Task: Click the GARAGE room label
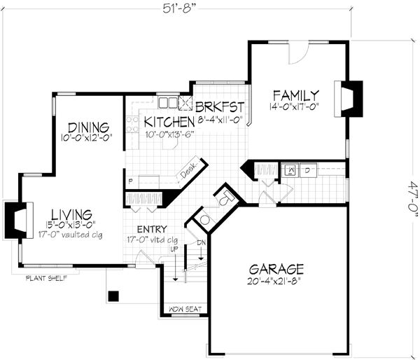tap(276, 268)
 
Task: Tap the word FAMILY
tap(296, 95)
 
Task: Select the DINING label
tap(88, 127)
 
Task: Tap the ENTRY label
tap(151, 229)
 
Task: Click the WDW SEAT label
tap(183, 310)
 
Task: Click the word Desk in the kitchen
tap(188, 170)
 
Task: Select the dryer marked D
tap(307, 169)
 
